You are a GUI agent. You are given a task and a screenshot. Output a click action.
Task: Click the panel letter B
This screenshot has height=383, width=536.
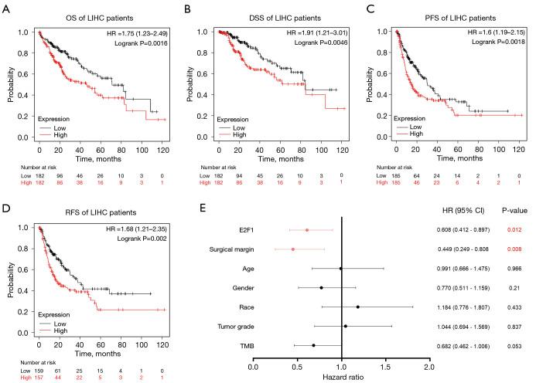coord(186,8)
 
